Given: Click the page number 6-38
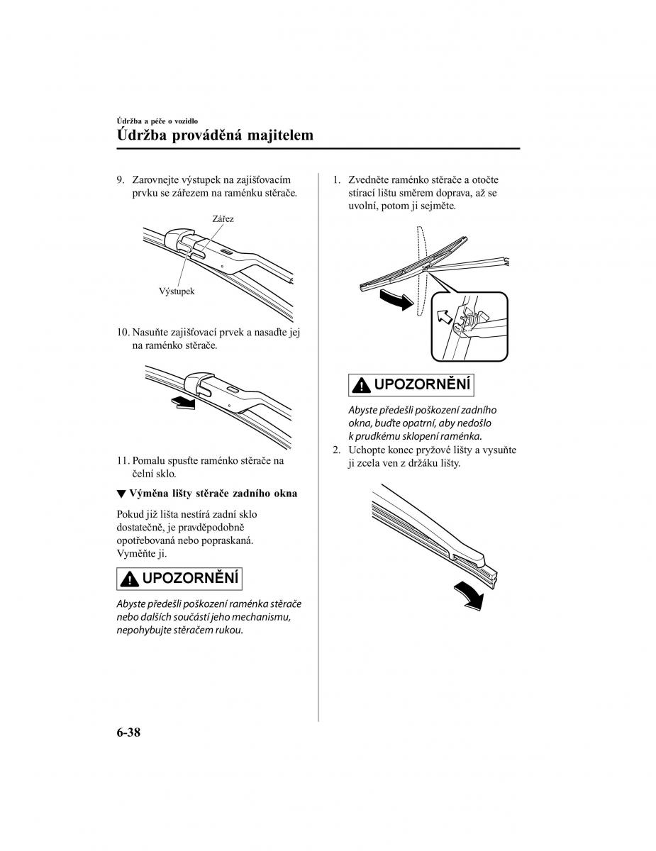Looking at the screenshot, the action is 128,733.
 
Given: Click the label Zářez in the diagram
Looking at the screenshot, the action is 223,218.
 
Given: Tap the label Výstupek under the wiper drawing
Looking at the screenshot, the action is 177,291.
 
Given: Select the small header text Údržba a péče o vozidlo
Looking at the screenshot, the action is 157,121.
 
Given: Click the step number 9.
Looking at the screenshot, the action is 121,179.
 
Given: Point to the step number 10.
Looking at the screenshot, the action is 123,333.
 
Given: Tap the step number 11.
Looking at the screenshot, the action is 123,460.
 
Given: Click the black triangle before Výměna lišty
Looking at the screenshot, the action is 121,494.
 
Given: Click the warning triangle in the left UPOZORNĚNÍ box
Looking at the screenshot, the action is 129,579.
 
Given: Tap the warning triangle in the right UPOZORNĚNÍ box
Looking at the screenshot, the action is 361,386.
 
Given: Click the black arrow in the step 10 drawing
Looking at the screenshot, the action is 184,402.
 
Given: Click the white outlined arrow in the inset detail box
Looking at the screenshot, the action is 445,316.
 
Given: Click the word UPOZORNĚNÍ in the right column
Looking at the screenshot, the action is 422,384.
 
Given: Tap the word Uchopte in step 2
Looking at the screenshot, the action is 365,450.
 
